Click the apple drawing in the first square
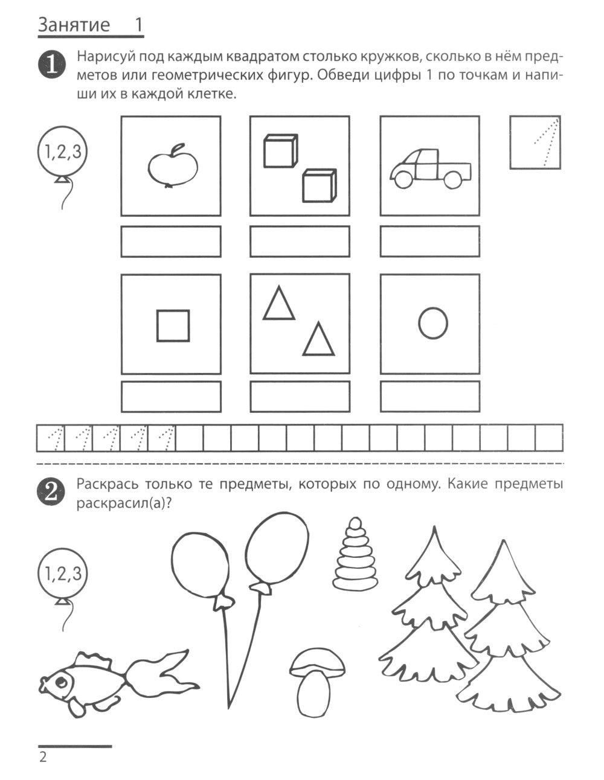[173, 166]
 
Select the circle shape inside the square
[432, 323]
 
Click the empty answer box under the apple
[171, 241]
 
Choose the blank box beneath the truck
[430, 241]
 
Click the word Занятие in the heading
[74, 25]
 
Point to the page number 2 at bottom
[43, 758]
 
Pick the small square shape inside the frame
[173, 325]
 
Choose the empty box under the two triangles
[300, 397]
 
